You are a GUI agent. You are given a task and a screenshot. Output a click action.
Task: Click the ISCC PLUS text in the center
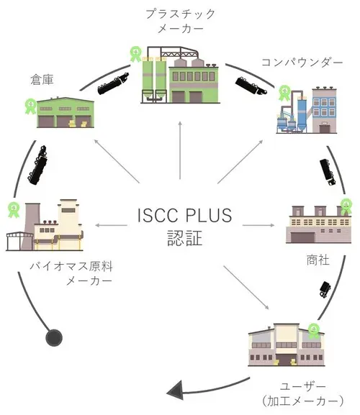click(x=184, y=215)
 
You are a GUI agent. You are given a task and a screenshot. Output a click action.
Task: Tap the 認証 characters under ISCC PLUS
click(x=184, y=238)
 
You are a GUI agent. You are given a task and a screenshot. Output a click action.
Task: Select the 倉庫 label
click(x=42, y=79)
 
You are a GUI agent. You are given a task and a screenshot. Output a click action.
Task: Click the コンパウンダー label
click(x=302, y=63)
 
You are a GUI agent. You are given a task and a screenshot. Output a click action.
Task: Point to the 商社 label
click(x=318, y=260)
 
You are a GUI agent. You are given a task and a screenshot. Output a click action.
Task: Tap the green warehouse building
click(x=66, y=112)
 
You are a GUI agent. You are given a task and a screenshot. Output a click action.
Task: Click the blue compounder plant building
click(x=307, y=110)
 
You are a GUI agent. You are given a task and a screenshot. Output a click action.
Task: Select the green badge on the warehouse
click(x=30, y=106)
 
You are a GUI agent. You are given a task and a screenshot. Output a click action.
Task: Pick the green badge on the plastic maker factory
click(x=135, y=54)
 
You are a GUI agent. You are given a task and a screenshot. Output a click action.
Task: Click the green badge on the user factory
click(x=314, y=331)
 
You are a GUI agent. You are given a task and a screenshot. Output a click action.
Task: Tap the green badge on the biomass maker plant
click(x=14, y=210)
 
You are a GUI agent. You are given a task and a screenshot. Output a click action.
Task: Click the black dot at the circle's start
click(x=54, y=338)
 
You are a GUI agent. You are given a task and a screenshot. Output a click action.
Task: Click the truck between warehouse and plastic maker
click(x=113, y=83)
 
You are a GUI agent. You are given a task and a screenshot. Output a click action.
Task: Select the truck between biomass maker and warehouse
click(x=38, y=165)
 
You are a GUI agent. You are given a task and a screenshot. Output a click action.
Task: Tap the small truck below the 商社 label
click(x=325, y=290)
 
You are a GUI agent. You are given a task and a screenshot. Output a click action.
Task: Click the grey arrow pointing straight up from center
click(x=180, y=150)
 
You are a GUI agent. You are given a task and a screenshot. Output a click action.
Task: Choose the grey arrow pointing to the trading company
click(x=258, y=225)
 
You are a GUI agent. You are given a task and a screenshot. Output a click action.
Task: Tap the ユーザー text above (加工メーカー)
click(x=303, y=387)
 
